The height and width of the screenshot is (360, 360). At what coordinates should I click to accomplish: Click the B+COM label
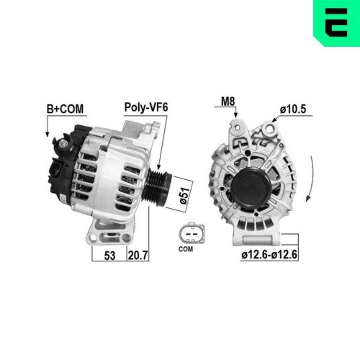click(65, 109)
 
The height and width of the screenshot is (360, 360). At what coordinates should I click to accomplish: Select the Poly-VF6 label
click(146, 109)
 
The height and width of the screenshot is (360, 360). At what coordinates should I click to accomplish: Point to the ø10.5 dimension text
click(293, 109)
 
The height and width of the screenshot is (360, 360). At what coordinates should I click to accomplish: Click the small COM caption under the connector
click(187, 249)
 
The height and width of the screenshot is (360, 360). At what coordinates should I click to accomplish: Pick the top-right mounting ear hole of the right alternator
click(271, 130)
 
